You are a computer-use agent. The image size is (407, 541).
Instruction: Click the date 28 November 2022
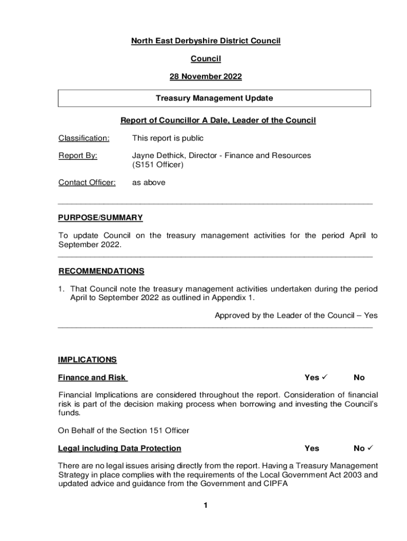click(206, 77)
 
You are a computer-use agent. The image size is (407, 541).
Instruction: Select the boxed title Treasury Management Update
click(214, 98)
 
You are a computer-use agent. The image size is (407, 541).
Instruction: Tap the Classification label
click(84, 138)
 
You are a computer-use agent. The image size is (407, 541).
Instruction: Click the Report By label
click(78, 155)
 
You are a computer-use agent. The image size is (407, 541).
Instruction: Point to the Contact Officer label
click(87, 183)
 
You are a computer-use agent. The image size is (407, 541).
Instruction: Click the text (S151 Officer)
click(158, 165)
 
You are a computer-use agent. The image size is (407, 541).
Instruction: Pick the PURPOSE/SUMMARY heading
click(100, 218)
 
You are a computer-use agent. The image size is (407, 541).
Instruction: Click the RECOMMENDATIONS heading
click(101, 271)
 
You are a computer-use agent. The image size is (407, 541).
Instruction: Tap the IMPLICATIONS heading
click(87, 360)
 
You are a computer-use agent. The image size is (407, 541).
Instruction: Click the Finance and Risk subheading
click(92, 377)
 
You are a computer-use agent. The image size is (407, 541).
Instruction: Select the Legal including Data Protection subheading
click(119, 449)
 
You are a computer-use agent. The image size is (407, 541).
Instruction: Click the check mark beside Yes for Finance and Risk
click(326, 377)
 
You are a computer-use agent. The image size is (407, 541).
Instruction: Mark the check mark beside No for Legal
click(371, 449)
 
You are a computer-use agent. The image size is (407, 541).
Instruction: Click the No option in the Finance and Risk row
click(359, 378)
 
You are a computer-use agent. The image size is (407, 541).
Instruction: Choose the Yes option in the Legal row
click(312, 449)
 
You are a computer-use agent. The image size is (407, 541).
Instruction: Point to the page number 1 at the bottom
click(206, 506)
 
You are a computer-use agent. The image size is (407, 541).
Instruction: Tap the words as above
click(149, 183)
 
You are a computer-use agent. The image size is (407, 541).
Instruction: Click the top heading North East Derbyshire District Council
click(206, 41)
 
